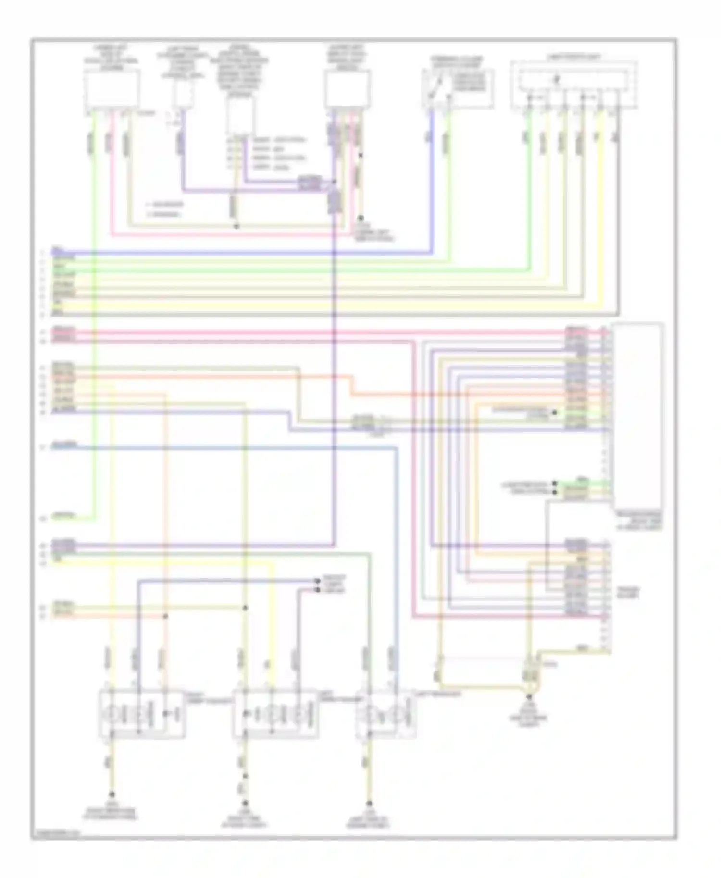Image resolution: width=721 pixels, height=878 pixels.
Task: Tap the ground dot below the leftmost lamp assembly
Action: [112, 794]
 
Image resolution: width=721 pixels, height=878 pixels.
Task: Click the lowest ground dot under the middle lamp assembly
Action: [245, 803]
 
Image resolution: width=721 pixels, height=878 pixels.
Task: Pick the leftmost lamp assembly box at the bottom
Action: [141, 714]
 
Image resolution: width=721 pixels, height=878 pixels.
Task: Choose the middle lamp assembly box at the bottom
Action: [275, 714]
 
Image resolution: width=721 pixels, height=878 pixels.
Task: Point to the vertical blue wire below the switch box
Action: [432, 183]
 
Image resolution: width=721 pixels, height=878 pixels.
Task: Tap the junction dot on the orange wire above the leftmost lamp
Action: [165, 616]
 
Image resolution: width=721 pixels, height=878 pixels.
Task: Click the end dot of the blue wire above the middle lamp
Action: [317, 581]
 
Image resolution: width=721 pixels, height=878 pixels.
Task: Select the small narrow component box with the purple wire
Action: [183, 94]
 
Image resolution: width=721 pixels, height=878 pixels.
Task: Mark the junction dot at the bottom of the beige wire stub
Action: [236, 226]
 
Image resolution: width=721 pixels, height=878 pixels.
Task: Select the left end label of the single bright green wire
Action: [63, 517]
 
